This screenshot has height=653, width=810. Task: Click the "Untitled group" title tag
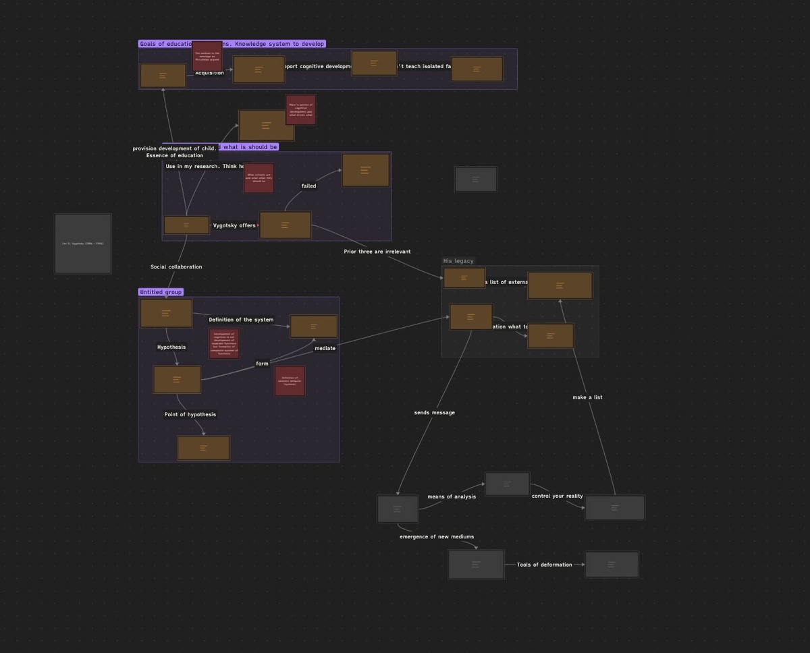point(161,292)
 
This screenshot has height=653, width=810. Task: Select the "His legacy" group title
point(458,261)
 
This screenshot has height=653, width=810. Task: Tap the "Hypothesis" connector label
point(171,347)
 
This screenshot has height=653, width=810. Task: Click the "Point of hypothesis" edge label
point(190,415)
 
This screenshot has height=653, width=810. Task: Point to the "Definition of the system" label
point(241,320)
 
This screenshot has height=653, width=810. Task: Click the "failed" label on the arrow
point(308,186)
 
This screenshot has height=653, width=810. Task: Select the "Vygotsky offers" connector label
point(234,225)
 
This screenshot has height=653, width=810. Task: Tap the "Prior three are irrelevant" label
point(377,252)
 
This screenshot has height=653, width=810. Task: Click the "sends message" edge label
point(435,413)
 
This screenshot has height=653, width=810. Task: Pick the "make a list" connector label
point(587,397)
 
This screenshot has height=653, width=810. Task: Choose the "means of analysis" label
point(452,496)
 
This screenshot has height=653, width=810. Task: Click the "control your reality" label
point(557,496)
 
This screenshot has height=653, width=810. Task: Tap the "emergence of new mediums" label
point(437,537)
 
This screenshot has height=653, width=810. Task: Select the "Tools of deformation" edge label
point(545,565)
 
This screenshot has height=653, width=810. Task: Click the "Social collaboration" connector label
point(176,267)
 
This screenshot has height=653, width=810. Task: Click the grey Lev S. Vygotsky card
point(83,244)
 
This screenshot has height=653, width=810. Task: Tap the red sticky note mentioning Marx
point(300,109)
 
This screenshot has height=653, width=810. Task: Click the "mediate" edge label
point(325,348)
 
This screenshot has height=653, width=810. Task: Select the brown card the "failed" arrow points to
point(365,170)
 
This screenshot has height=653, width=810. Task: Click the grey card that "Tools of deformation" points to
point(612,565)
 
